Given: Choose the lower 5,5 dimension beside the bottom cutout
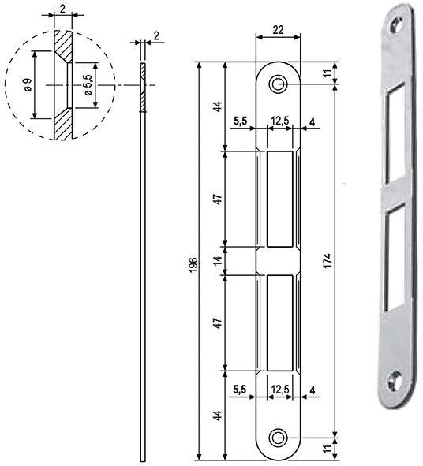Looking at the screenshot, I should [x=241, y=388].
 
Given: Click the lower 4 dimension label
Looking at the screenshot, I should [x=313, y=388].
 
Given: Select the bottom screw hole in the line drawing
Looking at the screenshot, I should [x=279, y=437].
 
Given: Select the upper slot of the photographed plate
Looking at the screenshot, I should [x=396, y=134].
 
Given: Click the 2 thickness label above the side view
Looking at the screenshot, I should [x=157, y=35].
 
